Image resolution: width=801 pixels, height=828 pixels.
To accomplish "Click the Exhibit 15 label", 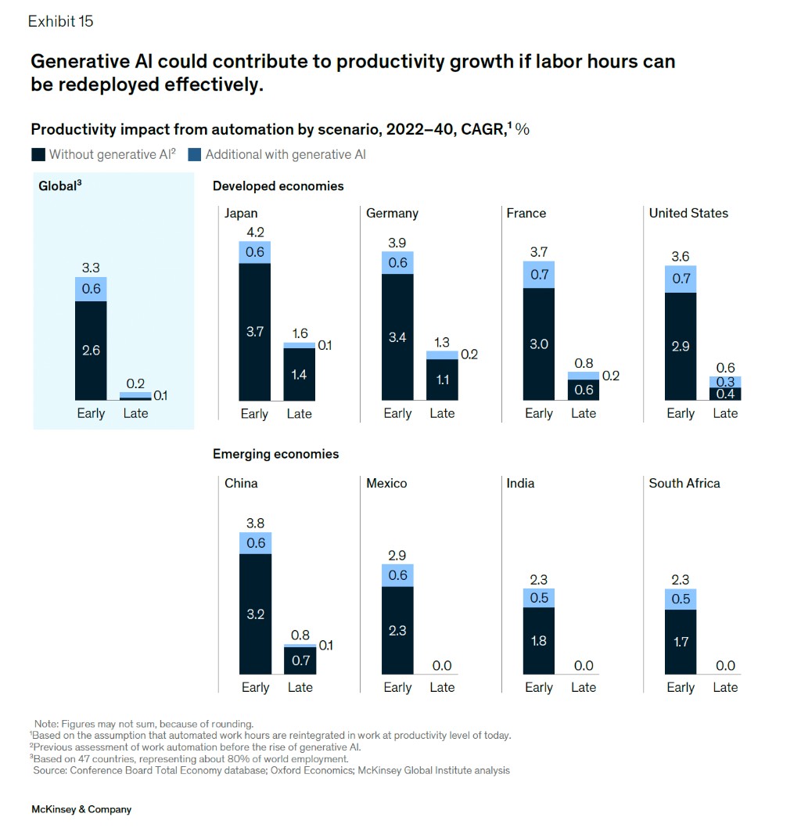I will [x=60, y=22].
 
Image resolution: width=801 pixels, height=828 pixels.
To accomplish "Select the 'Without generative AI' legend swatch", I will [x=38, y=154].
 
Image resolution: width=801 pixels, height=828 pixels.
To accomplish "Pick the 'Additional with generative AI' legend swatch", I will [x=195, y=154].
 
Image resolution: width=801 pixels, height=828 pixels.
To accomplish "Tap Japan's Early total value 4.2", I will [x=255, y=232].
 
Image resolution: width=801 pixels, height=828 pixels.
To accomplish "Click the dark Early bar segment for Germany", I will [x=397, y=337].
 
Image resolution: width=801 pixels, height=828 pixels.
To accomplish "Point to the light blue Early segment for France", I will [x=539, y=275].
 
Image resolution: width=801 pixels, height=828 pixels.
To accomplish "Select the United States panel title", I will [x=688, y=213].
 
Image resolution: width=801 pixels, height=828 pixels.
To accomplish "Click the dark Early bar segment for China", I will [x=255, y=614].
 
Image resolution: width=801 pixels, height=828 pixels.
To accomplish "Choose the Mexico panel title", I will [x=386, y=483].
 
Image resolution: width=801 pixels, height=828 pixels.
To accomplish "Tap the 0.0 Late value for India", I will [x=584, y=665].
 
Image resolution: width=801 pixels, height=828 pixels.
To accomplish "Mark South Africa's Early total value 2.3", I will [x=681, y=580].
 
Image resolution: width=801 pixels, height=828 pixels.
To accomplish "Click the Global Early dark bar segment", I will [x=91, y=350].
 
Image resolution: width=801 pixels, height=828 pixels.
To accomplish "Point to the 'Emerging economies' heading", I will [x=275, y=454].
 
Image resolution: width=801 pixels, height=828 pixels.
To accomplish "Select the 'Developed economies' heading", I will [x=278, y=186].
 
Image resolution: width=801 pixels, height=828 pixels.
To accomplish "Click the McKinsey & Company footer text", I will [x=81, y=809].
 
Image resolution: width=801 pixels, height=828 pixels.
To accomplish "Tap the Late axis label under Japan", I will [x=300, y=413].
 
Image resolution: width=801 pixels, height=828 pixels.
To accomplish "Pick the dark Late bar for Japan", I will [x=300, y=374].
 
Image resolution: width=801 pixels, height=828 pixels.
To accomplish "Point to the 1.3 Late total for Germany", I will [x=442, y=342].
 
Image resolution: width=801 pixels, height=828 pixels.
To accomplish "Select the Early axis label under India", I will [x=539, y=687].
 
